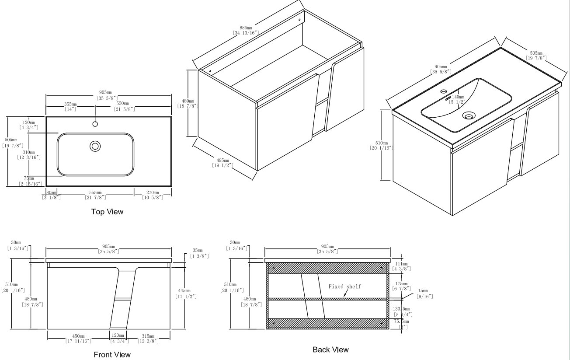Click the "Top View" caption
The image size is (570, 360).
(x=107, y=212)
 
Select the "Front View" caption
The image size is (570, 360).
(x=112, y=354)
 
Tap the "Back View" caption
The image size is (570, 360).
(x=330, y=350)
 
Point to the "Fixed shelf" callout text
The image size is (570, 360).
(x=345, y=287)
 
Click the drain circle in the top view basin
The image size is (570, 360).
(x=95, y=146)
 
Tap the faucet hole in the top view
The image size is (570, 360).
(x=95, y=124)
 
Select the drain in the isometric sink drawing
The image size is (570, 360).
(x=469, y=116)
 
